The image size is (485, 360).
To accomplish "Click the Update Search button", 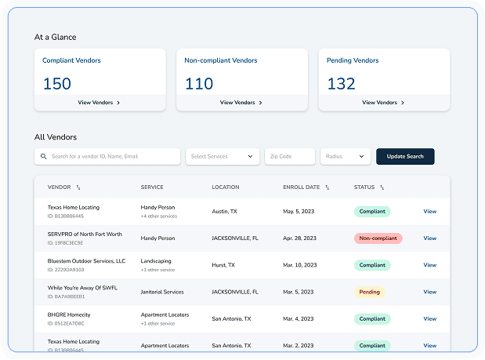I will (x=404, y=156).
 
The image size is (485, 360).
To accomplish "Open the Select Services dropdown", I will (x=223, y=156).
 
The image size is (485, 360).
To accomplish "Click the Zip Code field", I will (x=289, y=156).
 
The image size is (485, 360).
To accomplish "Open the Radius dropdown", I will (x=345, y=156).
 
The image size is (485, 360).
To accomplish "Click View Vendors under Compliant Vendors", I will (x=100, y=102).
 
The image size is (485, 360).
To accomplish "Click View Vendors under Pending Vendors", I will (x=384, y=102).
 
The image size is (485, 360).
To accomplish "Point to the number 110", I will (x=199, y=82).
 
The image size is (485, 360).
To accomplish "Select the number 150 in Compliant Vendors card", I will (x=56, y=82).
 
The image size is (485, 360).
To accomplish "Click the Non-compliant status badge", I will (x=378, y=238).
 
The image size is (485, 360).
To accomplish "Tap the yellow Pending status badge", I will (x=369, y=292).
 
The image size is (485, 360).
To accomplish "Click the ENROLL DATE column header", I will (x=302, y=187).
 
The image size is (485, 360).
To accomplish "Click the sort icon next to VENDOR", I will (x=78, y=187).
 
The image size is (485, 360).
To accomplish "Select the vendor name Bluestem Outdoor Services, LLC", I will (x=86, y=260).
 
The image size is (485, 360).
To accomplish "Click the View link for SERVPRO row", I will (x=429, y=238).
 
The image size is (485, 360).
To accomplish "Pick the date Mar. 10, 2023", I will (x=302, y=265).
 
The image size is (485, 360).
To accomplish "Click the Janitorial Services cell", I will (x=162, y=292).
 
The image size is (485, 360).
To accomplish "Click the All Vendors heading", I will (x=56, y=136).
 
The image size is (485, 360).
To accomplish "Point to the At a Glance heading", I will (x=55, y=37).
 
